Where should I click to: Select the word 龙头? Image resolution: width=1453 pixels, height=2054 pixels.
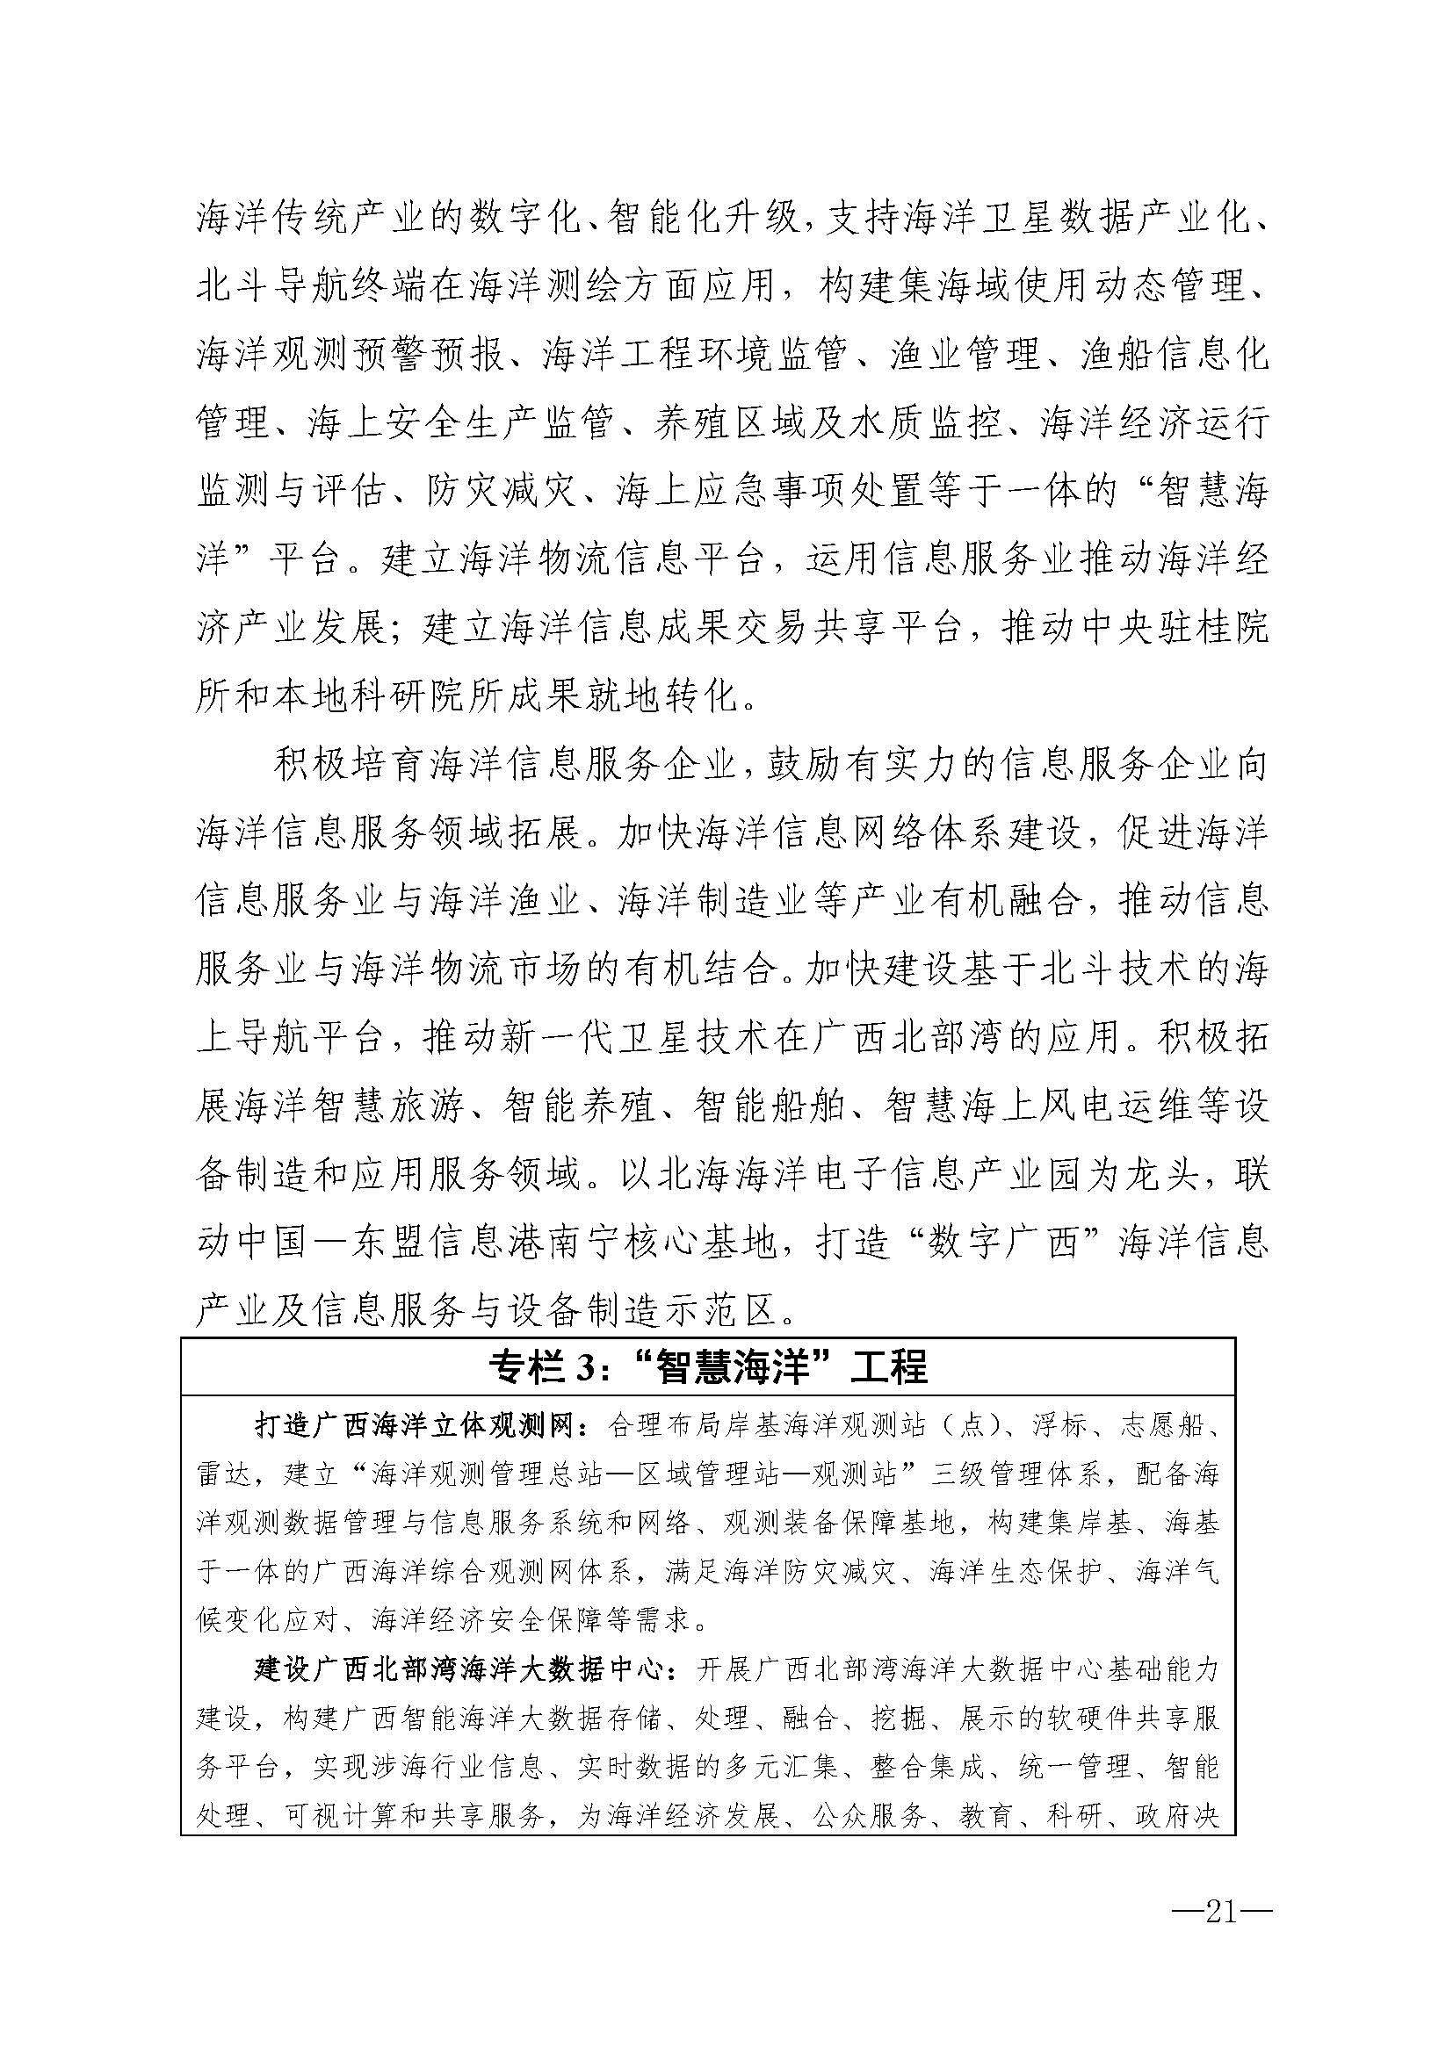coord(1158,1176)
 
